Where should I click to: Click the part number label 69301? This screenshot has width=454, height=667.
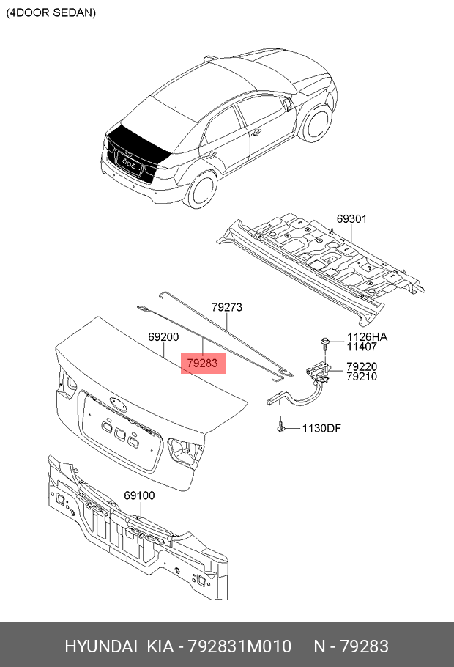pyautogui.click(x=352, y=218)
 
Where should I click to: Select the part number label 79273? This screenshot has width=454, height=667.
pyautogui.click(x=227, y=307)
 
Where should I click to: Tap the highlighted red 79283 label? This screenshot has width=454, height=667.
pyautogui.click(x=203, y=363)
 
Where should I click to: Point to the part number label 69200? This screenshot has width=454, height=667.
pyautogui.click(x=163, y=336)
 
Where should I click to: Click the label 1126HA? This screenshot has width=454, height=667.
pyautogui.click(x=367, y=337)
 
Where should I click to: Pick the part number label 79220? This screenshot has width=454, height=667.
pyautogui.click(x=362, y=366)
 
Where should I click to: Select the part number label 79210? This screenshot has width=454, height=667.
pyautogui.click(x=362, y=377)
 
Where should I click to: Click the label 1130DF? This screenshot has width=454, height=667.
pyautogui.click(x=321, y=428)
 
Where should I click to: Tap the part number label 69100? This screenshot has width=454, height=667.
pyautogui.click(x=139, y=495)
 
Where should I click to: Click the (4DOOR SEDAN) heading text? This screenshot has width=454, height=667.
pyautogui.click(x=51, y=13)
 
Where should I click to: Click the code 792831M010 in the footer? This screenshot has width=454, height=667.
pyautogui.click(x=238, y=646)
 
